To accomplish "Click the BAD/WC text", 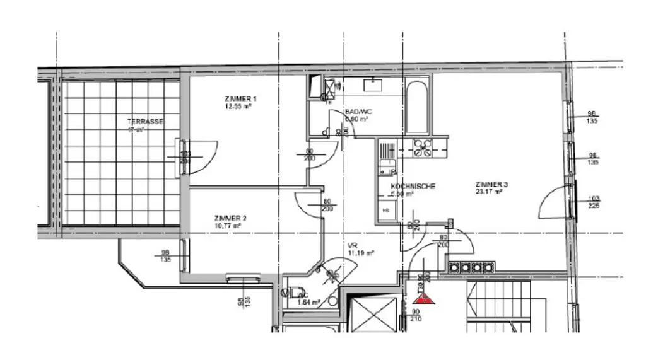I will tap(358, 112).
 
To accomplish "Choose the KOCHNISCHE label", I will tap(413, 187).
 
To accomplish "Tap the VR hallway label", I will tap(352, 246).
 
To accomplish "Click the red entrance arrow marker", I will tap(426, 299).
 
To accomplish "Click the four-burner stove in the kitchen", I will tap(421, 149).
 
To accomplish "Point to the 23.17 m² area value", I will tap(489, 192).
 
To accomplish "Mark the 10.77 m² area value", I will tap(228, 226).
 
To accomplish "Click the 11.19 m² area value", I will tap(361, 253).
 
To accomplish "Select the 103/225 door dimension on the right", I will tap(593, 202).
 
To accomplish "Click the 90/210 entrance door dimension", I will tap(416, 315).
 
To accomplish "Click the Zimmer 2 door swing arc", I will tap(309, 203).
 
